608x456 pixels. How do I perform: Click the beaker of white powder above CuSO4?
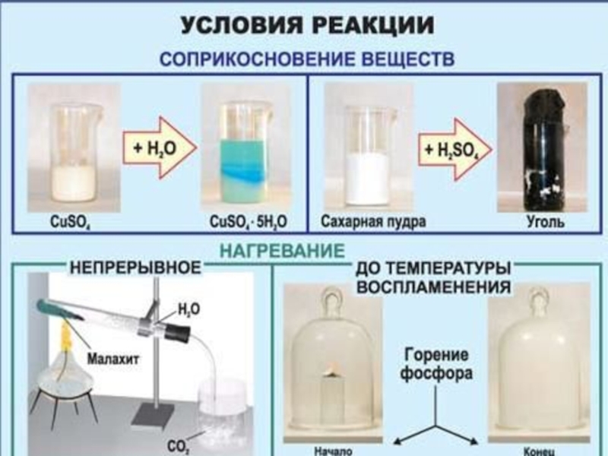click(74, 152)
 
